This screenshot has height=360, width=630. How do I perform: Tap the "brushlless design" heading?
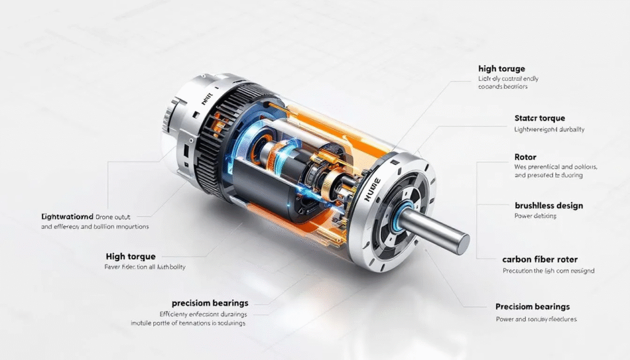click(x=548, y=205)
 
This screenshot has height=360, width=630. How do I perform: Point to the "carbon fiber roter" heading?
click(x=540, y=259)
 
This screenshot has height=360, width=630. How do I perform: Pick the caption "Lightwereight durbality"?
click(x=549, y=130)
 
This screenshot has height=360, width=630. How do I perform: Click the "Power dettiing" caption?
click(x=535, y=216)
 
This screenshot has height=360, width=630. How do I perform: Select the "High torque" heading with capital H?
click(x=130, y=256)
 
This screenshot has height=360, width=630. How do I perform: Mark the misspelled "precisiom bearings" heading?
click(x=210, y=303)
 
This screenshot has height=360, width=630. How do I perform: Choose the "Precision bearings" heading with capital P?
click(x=532, y=306)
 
